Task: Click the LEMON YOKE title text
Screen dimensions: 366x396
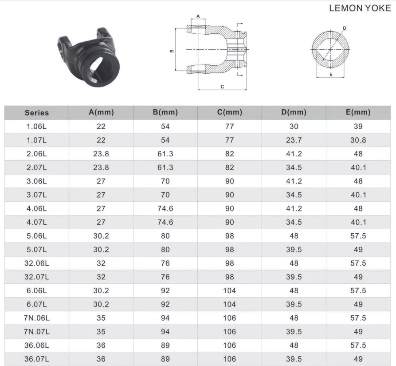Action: (360, 8)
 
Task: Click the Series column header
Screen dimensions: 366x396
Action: (37, 113)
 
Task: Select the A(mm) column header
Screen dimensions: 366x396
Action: (101, 112)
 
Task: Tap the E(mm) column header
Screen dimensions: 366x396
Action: (358, 112)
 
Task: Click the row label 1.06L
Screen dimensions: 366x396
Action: (37, 127)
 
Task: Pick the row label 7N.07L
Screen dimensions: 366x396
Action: (37, 332)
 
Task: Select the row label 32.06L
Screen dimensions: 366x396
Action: (37, 263)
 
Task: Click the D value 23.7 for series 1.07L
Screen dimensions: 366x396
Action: (294, 140)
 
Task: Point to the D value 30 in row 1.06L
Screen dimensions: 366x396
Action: (294, 127)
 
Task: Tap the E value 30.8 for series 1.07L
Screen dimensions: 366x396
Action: (358, 140)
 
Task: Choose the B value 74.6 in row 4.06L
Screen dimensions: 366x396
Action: (165, 209)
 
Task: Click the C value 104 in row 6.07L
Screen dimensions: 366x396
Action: (229, 304)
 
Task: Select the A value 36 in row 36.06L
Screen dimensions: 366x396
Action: (101, 346)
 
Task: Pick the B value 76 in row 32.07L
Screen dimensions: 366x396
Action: (165, 277)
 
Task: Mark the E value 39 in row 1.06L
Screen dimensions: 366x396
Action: (358, 127)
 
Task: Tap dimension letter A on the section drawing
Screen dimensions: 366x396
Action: (198, 16)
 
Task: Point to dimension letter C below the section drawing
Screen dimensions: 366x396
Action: (222, 87)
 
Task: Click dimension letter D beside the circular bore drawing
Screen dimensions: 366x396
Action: (344, 28)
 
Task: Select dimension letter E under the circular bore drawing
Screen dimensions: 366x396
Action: (331, 75)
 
